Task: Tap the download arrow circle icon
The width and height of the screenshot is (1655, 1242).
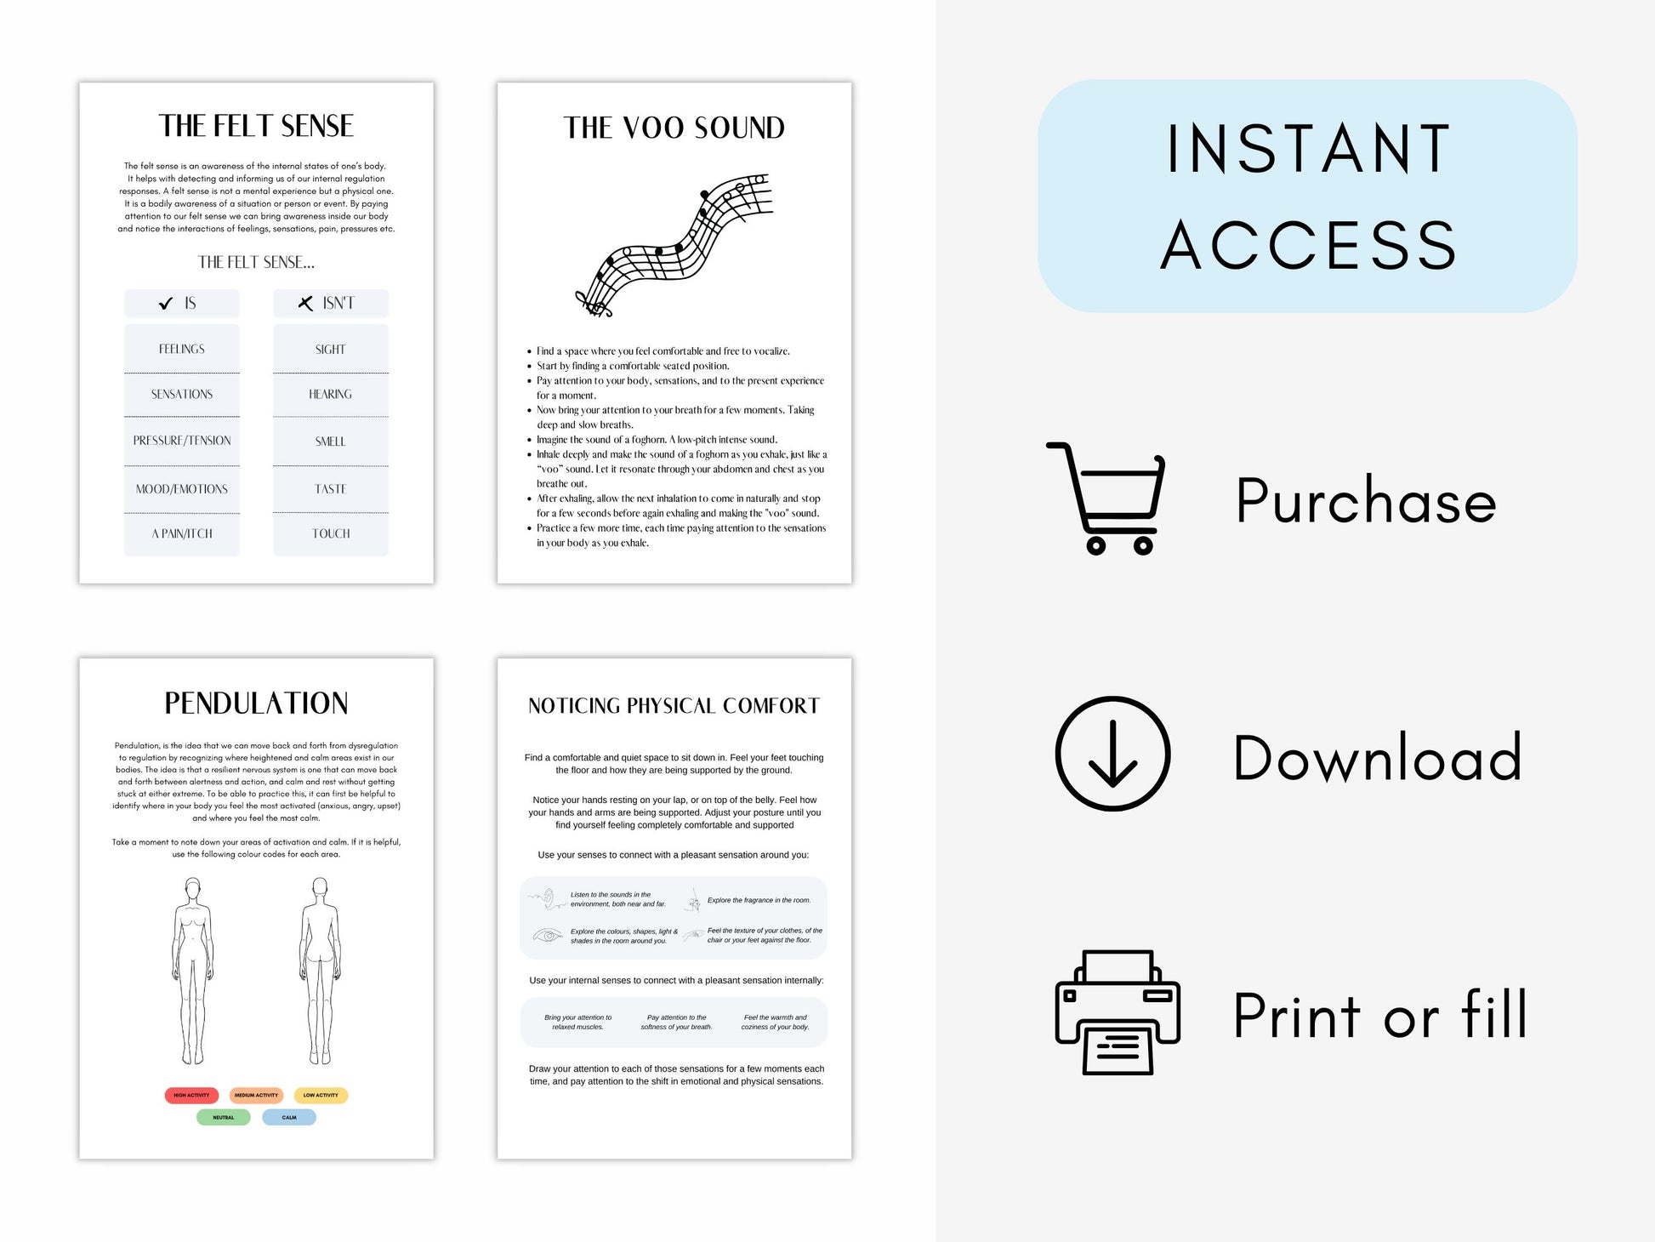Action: (x=1112, y=754)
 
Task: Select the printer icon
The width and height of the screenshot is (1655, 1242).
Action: (x=1117, y=1012)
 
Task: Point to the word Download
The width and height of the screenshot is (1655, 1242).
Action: (x=1377, y=757)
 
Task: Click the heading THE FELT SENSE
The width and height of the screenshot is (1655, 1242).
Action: (x=256, y=126)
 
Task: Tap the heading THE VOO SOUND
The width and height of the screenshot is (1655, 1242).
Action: (x=674, y=128)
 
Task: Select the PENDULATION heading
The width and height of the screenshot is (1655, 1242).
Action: (x=256, y=704)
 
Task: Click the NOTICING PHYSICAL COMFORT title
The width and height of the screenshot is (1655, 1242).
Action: (x=674, y=706)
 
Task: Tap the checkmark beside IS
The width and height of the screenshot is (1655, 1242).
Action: (x=166, y=304)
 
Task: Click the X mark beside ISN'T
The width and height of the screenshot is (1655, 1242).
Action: (x=305, y=303)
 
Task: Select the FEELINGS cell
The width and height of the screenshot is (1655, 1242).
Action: (x=182, y=349)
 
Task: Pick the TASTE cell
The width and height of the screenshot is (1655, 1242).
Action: (x=330, y=489)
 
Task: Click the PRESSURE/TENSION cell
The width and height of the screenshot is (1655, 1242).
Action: (x=182, y=441)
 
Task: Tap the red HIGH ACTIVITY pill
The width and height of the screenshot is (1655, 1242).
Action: (x=191, y=1095)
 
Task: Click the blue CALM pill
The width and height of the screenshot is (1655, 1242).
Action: (x=289, y=1117)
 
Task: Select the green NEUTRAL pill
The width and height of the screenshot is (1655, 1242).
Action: (x=223, y=1117)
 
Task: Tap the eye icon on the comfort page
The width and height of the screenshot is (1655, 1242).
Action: (x=548, y=936)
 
